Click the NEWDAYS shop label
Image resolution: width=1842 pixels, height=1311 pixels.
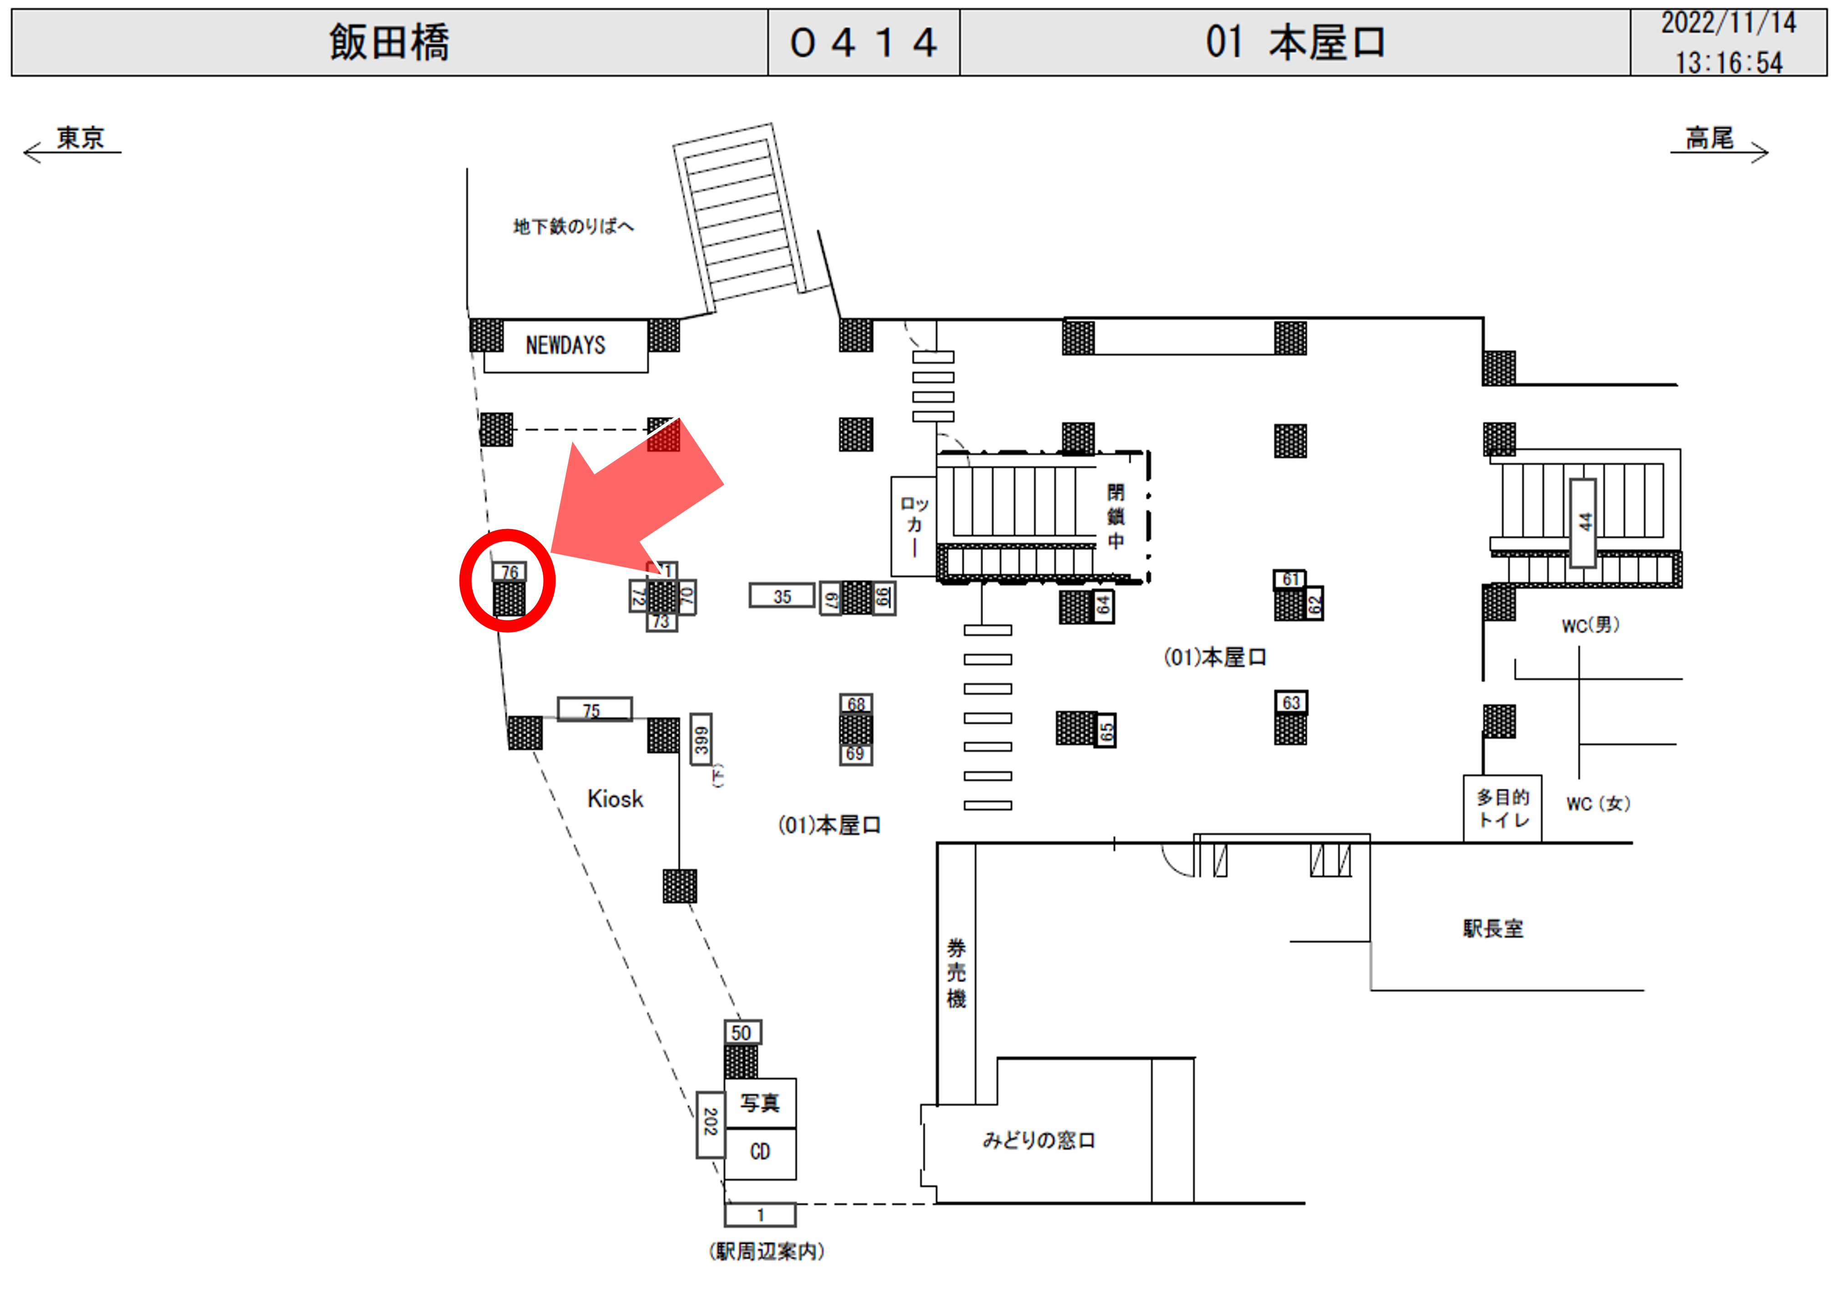tap(565, 346)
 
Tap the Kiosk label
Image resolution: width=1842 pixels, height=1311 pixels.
tap(615, 799)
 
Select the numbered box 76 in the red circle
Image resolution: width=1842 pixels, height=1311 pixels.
tap(510, 572)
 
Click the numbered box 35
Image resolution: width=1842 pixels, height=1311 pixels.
tap(782, 596)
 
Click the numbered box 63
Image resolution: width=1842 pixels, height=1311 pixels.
tap(1291, 702)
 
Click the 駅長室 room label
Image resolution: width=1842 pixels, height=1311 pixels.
tap(1493, 928)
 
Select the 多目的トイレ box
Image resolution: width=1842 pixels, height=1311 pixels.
tap(1503, 808)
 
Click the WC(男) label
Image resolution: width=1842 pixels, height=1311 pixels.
tap(1590, 625)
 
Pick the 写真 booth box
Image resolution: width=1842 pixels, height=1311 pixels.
tap(760, 1103)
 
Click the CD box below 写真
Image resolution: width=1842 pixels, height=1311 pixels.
tap(760, 1152)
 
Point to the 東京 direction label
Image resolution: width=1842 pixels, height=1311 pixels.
tap(80, 138)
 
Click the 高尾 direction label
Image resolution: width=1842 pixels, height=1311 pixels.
tap(1709, 138)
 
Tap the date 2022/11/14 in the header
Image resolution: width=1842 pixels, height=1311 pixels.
tap(1728, 23)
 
